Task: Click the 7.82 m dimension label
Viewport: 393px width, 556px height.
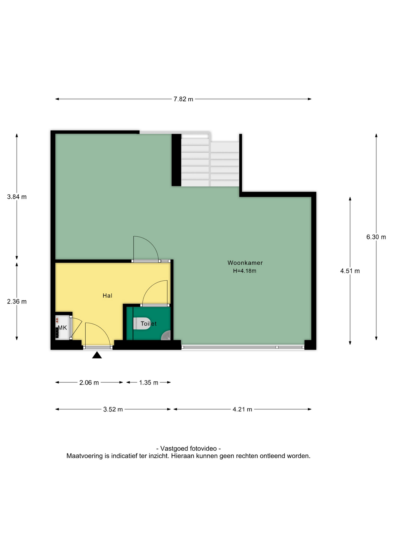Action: [183, 99]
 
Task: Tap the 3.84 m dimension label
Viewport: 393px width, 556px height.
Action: [17, 197]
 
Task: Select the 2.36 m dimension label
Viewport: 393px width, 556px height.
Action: [17, 301]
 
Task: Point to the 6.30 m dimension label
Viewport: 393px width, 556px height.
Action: [376, 237]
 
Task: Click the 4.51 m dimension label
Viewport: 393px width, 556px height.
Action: [350, 271]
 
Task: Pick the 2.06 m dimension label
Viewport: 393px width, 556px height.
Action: [89, 383]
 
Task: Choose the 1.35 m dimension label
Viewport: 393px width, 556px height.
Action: [148, 383]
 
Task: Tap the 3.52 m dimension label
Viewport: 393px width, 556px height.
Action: [113, 409]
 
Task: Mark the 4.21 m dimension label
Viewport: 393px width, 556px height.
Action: [242, 409]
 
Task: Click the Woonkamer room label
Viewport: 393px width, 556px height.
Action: [245, 263]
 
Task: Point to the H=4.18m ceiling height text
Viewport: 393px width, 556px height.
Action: [245, 271]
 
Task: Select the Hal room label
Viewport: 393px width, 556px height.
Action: [107, 296]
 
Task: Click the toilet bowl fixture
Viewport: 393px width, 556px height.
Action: [138, 323]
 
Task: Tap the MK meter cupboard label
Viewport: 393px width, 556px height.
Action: [63, 328]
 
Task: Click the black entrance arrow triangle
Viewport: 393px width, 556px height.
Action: [97, 355]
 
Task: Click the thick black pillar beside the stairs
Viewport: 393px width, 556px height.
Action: [176, 160]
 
